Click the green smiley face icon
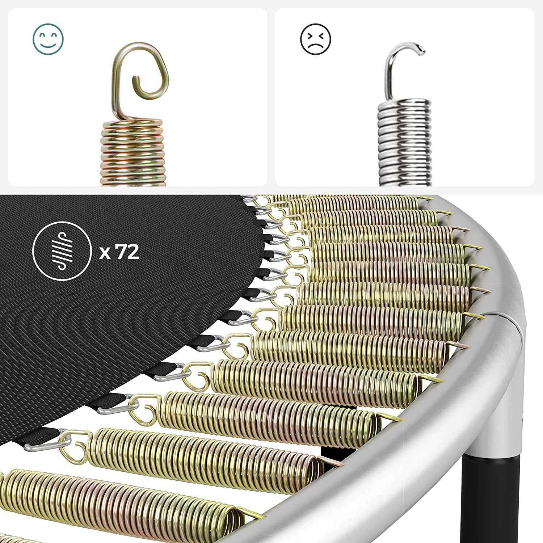click(x=48, y=39)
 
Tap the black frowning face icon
click(x=316, y=39)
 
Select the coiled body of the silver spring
click(x=405, y=143)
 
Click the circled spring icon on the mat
click(x=62, y=251)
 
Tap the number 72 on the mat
click(x=127, y=252)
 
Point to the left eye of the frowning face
click(x=310, y=35)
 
